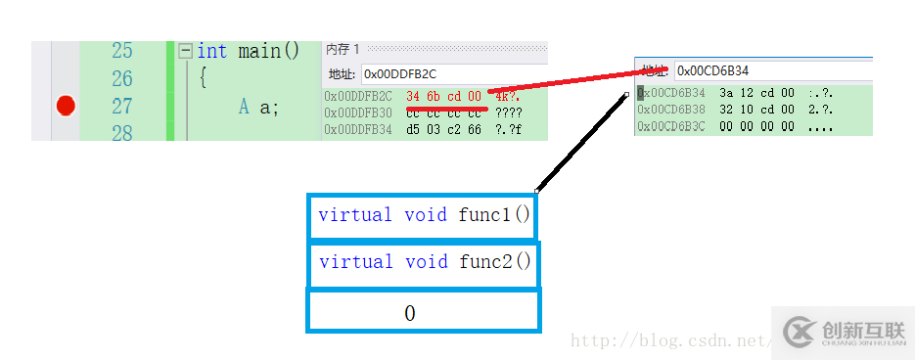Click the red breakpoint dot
(66, 106)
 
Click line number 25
(121, 50)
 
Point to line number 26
(121, 78)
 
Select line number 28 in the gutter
(121, 133)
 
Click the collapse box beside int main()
(185, 51)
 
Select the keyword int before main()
(212, 50)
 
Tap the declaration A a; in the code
(258, 107)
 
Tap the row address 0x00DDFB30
(358, 112)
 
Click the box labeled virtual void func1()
(424, 215)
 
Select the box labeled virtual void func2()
(424, 262)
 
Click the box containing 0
(424, 312)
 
